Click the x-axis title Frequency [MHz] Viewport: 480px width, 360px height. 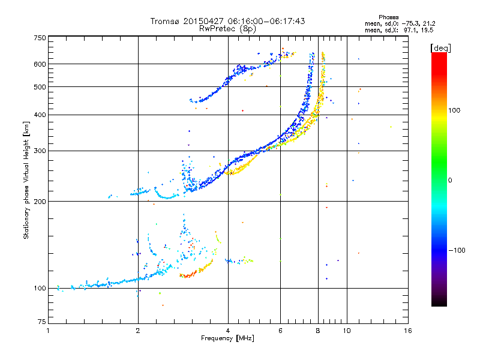[x=227, y=338]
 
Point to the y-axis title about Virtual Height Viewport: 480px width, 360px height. [x=26, y=180]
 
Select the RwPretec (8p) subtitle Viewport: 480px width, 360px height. [x=227, y=28]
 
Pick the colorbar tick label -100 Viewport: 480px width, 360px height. [x=457, y=250]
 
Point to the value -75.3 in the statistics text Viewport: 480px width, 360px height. [x=404, y=23]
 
